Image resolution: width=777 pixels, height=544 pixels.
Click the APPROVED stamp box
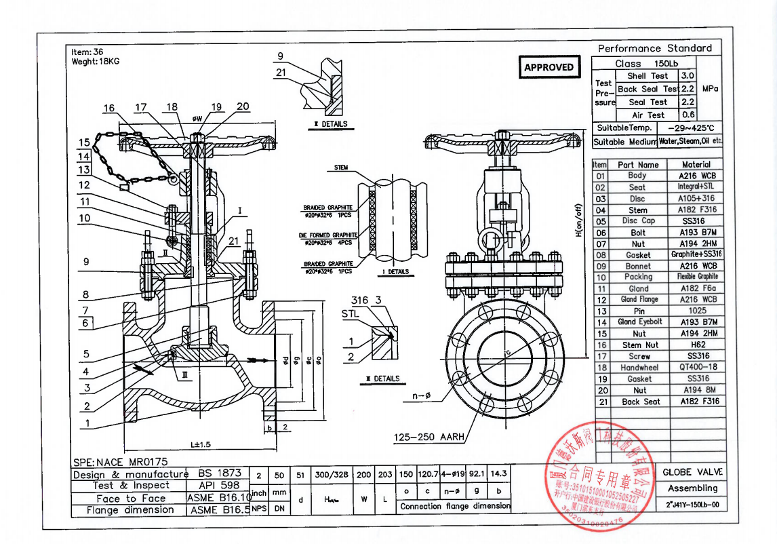pyautogui.click(x=549, y=67)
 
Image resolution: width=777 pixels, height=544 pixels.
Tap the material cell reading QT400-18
pyautogui.click(x=696, y=368)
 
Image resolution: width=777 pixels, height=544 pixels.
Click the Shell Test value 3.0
pyautogui.click(x=687, y=76)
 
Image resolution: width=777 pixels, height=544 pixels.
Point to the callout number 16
pyautogui.click(x=110, y=108)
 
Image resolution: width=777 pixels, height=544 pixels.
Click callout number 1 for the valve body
pyautogui.click(x=86, y=424)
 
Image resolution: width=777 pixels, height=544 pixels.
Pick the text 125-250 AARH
pyautogui.click(x=429, y=438)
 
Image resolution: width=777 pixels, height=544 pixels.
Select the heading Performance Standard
pyautogui.click(x=654, y=48)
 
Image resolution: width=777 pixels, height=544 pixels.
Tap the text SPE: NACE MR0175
pyautogui.click(x=119, y=462)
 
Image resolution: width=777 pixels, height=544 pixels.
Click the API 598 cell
pyautogui.click(x=218, y=486)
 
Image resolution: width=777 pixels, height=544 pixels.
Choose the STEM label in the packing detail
pyautogui.click(x=341, y=168)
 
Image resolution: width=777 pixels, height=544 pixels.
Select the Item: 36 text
pyautogui.click(x=87, y=52)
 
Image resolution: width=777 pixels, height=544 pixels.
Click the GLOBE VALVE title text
pyautogui.click(x=692, y=472)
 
